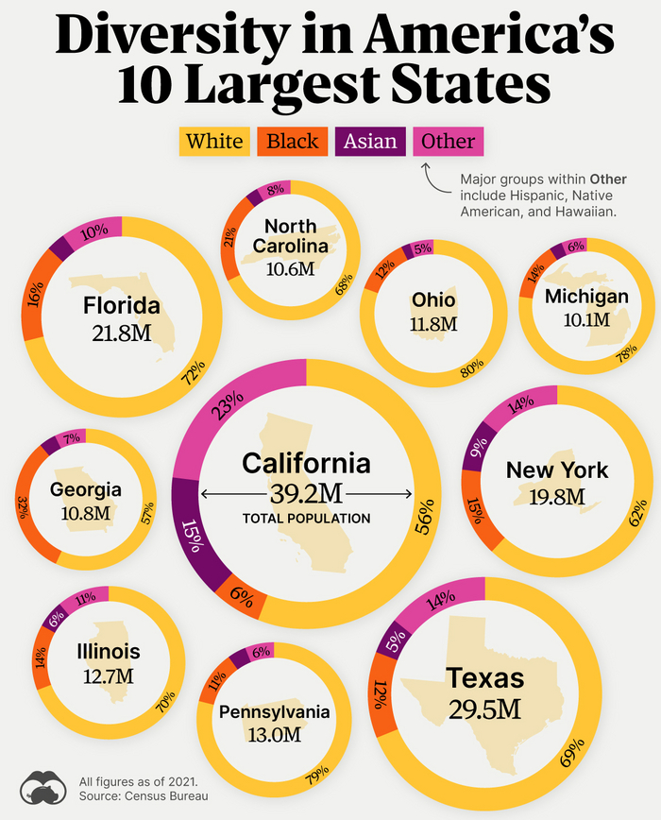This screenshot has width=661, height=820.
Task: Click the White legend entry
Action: (x=214, y=142)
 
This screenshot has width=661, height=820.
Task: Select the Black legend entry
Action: (x=292, y=142)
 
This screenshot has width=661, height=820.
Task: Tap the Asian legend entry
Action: (x=369, y=142)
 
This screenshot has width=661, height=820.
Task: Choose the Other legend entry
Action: (x=448, y=142)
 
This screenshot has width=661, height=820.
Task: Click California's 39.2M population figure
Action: (x=306, y=494)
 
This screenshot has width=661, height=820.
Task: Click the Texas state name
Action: (x=485, y=677)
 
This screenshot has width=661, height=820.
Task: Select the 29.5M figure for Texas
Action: (x=485, y=709)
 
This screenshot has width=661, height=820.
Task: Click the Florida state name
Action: (x=121, y=306)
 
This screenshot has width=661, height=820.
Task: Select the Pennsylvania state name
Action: (x=274, y=711)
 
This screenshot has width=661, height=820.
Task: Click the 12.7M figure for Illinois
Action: (x=108, y=676)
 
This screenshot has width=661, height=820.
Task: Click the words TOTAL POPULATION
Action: (x=306, y=518)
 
